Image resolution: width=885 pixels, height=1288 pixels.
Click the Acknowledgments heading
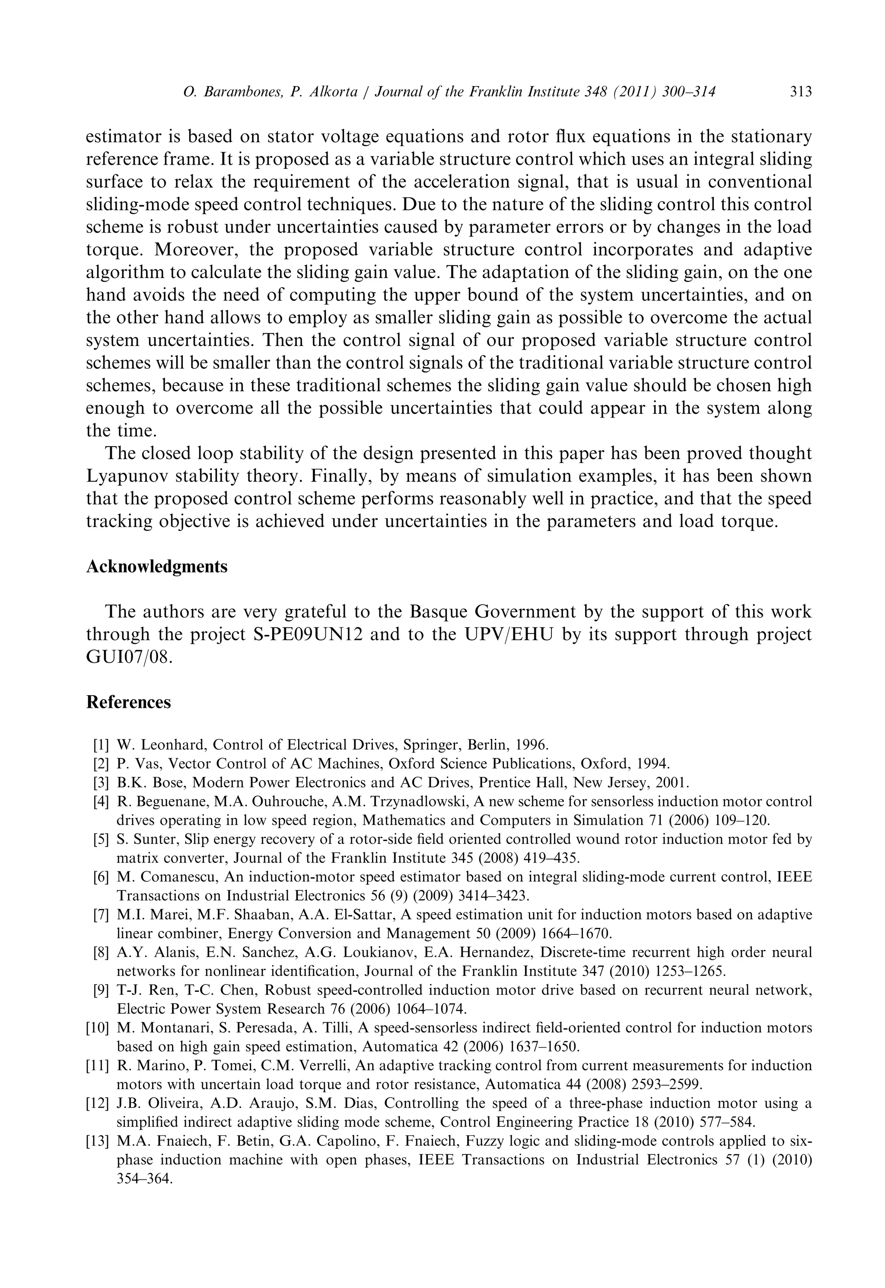point(157,567)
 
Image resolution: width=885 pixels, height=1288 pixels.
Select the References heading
point(129,702)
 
